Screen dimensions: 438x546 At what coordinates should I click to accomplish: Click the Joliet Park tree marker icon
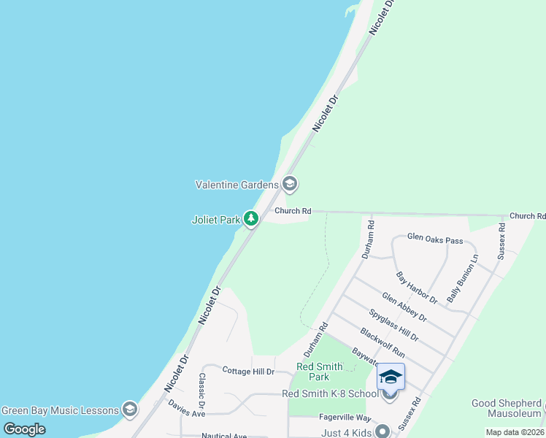pos(251,218)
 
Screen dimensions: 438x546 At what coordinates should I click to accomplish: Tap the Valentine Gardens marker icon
pos(290,183)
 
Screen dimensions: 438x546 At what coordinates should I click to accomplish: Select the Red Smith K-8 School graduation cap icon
pos(391,377)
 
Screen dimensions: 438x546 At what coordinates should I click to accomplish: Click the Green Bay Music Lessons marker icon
pos(130,408)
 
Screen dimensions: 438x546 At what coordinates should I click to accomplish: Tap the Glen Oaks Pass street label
pos(435,239)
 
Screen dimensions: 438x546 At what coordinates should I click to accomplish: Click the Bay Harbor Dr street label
pos(416,288)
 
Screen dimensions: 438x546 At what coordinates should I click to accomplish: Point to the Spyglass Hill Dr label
pos(393,326)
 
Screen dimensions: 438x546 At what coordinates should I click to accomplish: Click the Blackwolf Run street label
pos(382,341)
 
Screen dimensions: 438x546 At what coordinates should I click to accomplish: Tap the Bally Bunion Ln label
pos(463,279)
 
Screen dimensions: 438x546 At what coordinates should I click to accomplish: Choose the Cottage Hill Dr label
pos(248,372)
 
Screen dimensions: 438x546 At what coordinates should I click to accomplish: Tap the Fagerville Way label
pos(345,418)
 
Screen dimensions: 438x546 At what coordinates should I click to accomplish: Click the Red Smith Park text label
pos(313,372)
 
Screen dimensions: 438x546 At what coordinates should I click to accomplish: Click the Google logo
pos(24,429)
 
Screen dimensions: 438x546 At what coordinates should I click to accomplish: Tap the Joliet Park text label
pos(215,219)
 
